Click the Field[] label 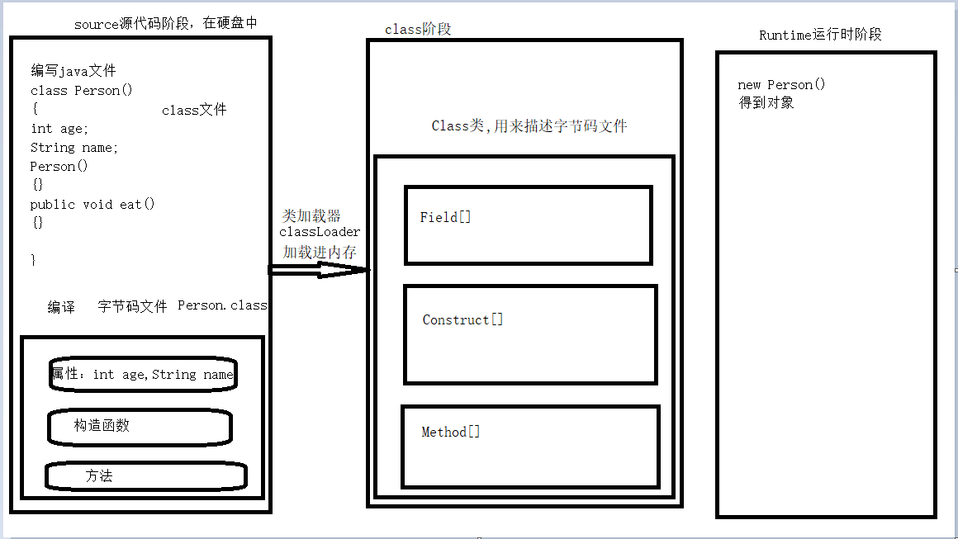446,218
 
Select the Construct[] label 462,320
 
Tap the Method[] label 451,433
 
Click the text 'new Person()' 781,85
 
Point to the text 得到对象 766,103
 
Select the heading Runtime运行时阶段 820,35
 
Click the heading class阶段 418,30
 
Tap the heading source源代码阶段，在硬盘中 166,24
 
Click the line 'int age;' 59,129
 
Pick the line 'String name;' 74,148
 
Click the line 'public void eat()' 92,205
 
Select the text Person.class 222,305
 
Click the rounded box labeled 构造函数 139,427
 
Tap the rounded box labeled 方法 145,476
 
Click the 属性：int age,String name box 142,375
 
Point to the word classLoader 320,233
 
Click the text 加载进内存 320,252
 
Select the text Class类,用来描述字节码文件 529,126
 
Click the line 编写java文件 74,71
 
